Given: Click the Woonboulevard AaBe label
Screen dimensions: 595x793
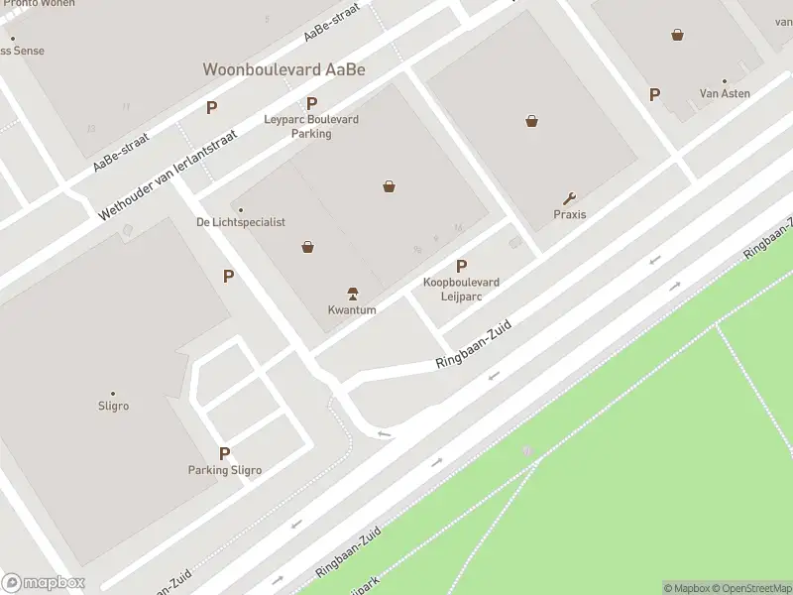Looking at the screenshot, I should (x=283, y=69).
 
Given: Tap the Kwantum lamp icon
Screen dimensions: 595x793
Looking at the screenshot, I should (x=352, y=294).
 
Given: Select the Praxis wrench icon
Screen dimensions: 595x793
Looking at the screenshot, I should (x=569, y=198).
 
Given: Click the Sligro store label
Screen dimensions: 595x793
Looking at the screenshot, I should (x=113, y=406).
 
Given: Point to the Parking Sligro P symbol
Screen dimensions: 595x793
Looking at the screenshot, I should (x=225, y=453).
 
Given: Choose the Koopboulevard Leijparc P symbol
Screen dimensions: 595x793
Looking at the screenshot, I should (x=461, y=266).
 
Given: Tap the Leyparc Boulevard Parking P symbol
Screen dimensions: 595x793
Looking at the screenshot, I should (x=311, y=103).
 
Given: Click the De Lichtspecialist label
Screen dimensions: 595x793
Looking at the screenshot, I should (x=241, y=222).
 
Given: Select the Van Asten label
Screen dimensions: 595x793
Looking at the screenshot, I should (x=725, y=93).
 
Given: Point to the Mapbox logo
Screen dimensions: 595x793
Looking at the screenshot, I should (x=44, y=583).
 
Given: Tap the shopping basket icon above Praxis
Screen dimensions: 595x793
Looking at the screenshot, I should (x=532, y=121).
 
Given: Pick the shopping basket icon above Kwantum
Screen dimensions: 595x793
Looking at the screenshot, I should (x=308, y=247).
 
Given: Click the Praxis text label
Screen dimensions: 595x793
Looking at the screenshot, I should (x=570, y=214).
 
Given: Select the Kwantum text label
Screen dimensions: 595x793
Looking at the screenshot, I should (x=352, y=309).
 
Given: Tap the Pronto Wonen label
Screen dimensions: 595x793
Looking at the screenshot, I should (x=39, y=4).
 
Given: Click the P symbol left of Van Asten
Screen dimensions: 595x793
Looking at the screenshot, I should (x=654, y=94).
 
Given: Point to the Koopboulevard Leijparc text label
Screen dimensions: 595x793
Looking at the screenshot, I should (x=461, y=289).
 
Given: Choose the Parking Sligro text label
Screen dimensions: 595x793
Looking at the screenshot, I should (x=225, y=470).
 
